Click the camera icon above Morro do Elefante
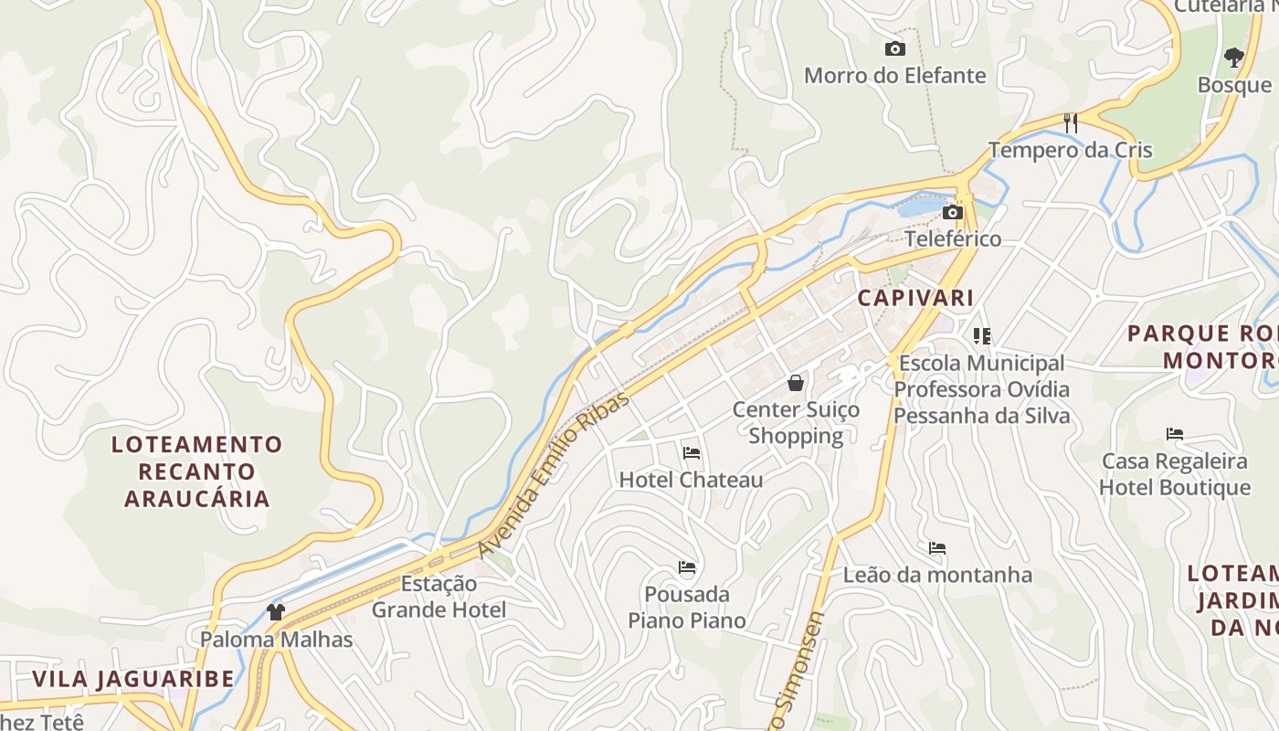pyautogui.click(x=894, y=48)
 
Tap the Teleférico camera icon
pyautogui.click(x=952, y=212)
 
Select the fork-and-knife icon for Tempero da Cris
pyautogui.click(x=1071, y=122)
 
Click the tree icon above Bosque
pyautogui.click(x=1233, y=58)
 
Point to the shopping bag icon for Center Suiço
pyautogui.click(x=796, y=382)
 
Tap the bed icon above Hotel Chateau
pyautogui.click(x=691, y=452)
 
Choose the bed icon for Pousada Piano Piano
pyautogui.click(x=687, y=567)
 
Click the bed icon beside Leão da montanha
pyautogui.click(x=936, y=548)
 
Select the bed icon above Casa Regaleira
pyautogui.click(x=1174, y=433)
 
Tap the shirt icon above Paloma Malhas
pyautogui.click(x=276, y=611)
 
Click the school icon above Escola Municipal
pyautogui.click(x=982, y=336)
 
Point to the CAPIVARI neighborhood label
pyautogui.click(x=914, y=298)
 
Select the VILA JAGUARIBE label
pyautogui.click(x=133, y=679)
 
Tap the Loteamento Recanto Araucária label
pyautogui.click(x=197, y=471)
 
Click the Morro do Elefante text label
pyautogui.click(x=894, y=76)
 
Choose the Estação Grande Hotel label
pyautogui.click(x=439, y=597)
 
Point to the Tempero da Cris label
pyautogui.click(x=1070, y=150)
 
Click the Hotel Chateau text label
pyautogui.click(x=691, y=480)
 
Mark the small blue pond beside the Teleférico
pyautogui.click(x=918, y=206)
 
